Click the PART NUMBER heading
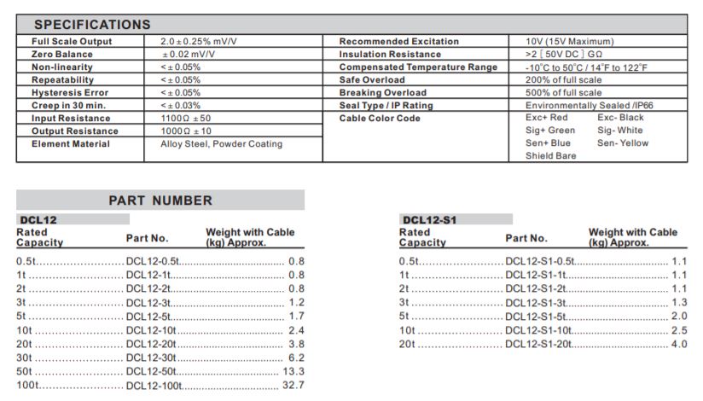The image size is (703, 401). pyautogui.click(x=160, y=200)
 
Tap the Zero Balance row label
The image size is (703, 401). pyautogui.click(x=62, y=54)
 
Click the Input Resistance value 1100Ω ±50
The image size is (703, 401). pyautogui.click(x=186, y=118)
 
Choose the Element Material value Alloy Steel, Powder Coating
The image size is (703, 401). pyautogui.click(x=221, y=143)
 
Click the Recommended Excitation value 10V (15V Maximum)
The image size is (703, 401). pyautogui.click(x=569, y=41)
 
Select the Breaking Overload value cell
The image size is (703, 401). pyautogui.click(x=563, y=92)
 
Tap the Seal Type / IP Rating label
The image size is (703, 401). pyautogui.click(x=386, y=105)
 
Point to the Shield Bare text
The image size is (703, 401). pyautogui.click(x=550, y=156)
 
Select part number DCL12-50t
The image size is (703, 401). pyautogui.click(x=154, y=371)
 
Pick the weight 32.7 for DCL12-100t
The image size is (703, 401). pyautogui.click(x=293, y=386)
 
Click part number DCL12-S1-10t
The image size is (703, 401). pyautogui.click(x=538, y=330)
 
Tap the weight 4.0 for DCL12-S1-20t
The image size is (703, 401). pyautogui.click(x=678, y=344)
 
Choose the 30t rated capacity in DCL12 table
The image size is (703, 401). pyautogui.click(x=24, y=357)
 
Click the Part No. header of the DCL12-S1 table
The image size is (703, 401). pyautogui.click(x=526, y=238)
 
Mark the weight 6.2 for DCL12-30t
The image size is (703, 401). pyautogui.click(x=296, y=357)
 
